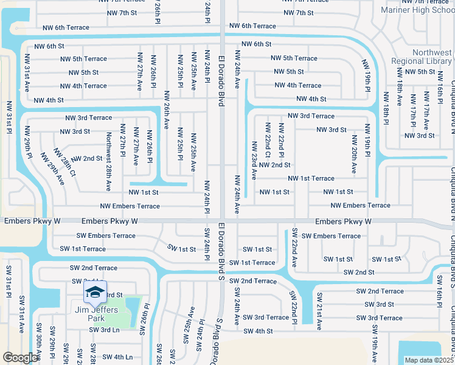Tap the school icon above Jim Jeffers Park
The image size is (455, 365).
(x=95, y=293)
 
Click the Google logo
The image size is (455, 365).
(x=20, y=358)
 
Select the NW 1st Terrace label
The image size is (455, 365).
(x=311, y=178)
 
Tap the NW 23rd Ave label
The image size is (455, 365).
(x=254, y=161)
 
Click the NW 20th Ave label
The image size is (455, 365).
(x=354, y=145)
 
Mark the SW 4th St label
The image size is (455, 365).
(x=258, y=331)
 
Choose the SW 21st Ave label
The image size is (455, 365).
(x=319, y=310)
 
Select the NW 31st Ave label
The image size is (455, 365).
(x=27, y=72)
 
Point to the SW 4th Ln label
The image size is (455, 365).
(x=117, y=357)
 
